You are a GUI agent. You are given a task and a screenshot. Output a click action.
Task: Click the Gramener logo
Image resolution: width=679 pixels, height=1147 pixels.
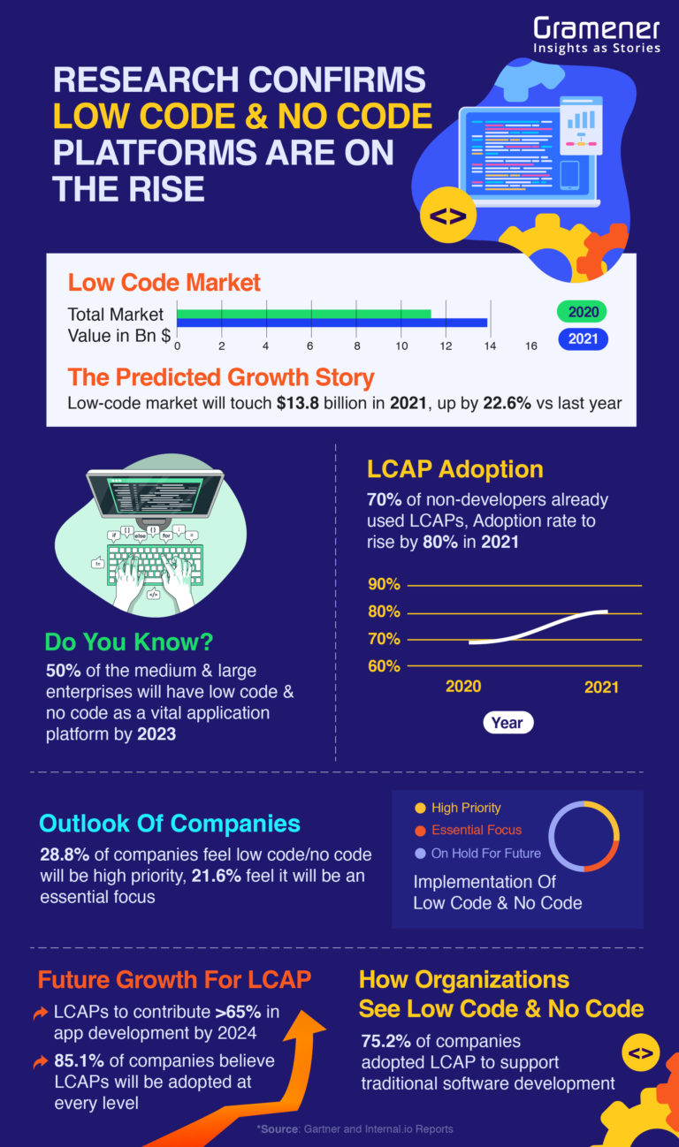(x=596, y=34)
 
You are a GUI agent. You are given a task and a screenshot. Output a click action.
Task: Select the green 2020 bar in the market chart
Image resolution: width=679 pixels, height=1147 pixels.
(x=303, y=313)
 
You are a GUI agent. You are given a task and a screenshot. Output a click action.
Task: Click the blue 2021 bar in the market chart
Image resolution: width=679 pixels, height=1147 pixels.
(x=332, y=323)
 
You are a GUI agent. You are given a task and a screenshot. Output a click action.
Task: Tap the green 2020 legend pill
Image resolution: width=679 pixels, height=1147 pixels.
(x=583, y=312)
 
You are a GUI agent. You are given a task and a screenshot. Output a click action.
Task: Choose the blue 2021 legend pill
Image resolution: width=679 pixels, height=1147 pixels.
(x=583, y=338)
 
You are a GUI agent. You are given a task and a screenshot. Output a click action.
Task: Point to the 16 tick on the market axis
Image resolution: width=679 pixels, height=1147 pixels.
(x=530, y=346)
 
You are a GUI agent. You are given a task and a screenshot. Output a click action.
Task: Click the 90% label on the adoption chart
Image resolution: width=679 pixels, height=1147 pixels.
(x=384, y=585)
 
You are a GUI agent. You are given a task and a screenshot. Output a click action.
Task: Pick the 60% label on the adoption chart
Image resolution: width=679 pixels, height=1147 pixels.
(x=384, y=665)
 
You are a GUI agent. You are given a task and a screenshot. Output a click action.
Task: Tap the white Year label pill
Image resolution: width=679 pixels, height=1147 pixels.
(x=507, y=723)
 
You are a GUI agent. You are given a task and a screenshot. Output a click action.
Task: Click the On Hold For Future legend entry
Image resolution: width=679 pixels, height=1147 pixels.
(x=477, y=854)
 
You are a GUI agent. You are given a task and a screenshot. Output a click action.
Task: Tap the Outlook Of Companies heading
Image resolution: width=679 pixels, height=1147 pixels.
(x=170, y=824)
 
